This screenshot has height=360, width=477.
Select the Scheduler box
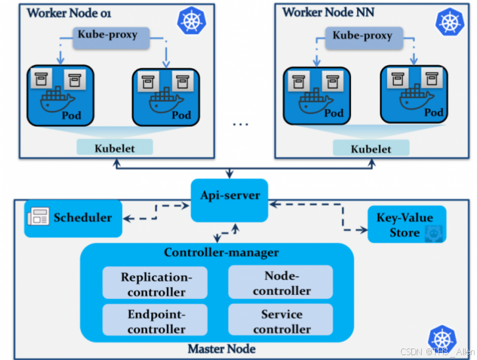point(73,218)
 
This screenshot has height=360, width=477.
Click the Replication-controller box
point(155,283)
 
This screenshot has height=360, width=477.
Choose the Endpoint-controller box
point(155,321)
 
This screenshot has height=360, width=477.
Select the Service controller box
point(281,321)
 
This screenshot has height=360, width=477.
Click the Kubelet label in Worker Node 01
point(115,147)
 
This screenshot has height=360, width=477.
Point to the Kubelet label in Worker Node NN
point(371,148)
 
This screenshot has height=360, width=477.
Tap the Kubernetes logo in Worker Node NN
point(448,23)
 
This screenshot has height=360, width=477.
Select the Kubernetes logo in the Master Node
point(442,339)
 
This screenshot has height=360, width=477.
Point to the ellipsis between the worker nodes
point(241,125)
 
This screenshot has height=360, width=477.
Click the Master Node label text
point(221,349)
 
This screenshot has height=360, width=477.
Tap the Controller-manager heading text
point(221,252)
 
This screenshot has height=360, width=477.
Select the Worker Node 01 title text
point(68,13)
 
